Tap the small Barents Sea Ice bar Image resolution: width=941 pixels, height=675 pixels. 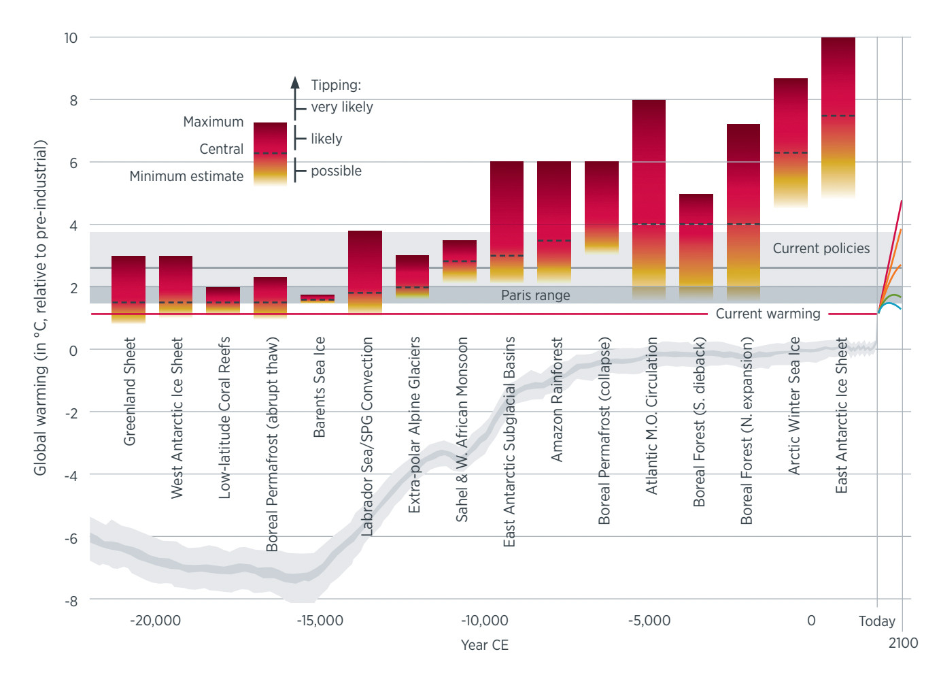[x=318, y=298]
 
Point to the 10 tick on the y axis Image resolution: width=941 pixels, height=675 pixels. [x=71, y=38]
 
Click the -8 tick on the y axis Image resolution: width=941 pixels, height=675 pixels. [x=71, y=601]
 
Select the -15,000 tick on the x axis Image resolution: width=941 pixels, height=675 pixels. [x=320, y=621]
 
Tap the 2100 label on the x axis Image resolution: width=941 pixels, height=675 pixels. [x=903, y=643]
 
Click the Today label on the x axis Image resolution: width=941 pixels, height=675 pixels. [x=876, y=621]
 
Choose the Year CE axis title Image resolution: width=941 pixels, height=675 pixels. [x=484, y=645]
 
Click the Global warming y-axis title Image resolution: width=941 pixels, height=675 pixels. [x=41, y=308]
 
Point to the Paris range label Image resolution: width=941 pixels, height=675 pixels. [x=535, y=295]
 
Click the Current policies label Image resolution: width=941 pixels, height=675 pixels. [x=821, y=248]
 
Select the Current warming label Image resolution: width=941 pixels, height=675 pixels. [x=768, y=314]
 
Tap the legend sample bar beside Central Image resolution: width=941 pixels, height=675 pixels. [x=270, y=153]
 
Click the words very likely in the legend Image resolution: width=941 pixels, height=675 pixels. [x=341, y=107]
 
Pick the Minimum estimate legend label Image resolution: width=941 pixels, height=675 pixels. [x=186, y=176]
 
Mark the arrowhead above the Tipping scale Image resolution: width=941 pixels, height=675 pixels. [x=295, y=82]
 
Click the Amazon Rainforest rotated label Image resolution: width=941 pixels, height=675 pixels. [x=557, y=399]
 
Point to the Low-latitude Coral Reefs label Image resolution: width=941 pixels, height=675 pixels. [x=224, y=417]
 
